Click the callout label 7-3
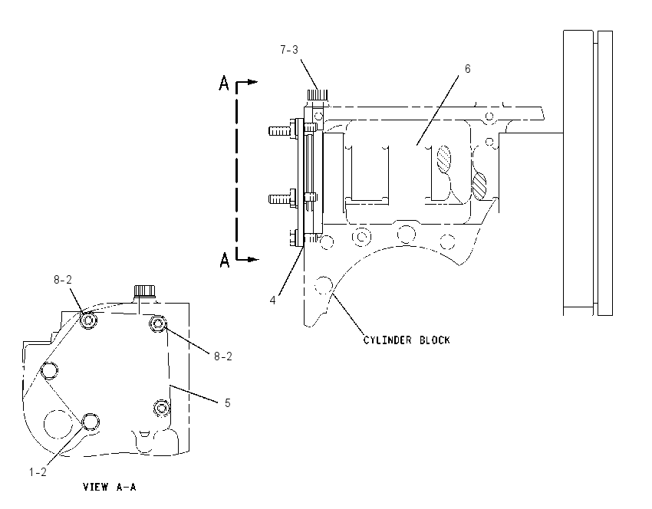(289, 50)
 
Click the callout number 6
(467, 69)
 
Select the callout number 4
(273, 300)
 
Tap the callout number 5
(228, 403)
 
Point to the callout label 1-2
(38, 472)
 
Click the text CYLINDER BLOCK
(407, 340)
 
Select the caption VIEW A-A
(110, 487)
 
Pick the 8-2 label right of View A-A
(223, 356)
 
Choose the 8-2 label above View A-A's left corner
(63, 280)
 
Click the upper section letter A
(224, 83)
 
